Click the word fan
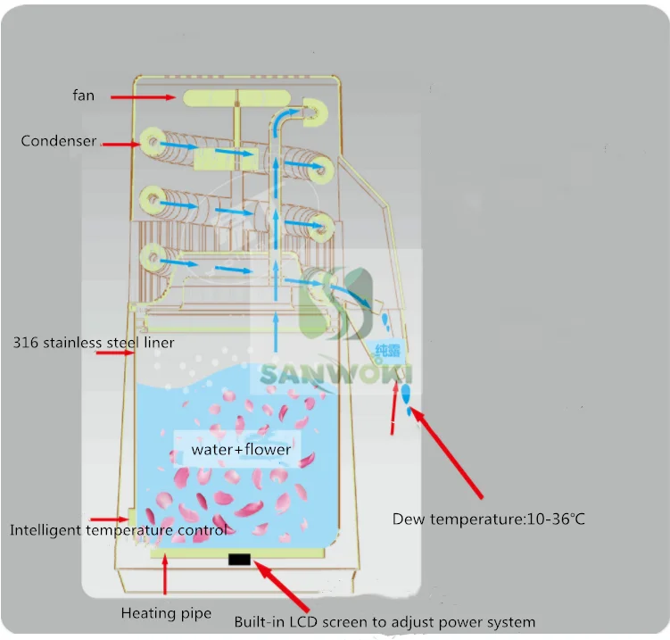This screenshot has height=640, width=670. [x=84, y=95]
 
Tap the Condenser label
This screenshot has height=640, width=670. [x=59, y=141]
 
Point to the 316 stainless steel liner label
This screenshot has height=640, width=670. [x=94, y=342]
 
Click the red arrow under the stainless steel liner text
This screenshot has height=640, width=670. [x=113, y=353]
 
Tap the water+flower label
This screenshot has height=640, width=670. [x=241, y=449]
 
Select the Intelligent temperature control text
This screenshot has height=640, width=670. [x=118, y=530]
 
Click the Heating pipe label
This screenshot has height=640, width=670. [x=166, y=613]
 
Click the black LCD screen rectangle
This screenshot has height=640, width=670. [x=240, y=560]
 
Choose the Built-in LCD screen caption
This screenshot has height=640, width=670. [x=385, y=621]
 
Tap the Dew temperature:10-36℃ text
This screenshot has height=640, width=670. [x=488, y=519]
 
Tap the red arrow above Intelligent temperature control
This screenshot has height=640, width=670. [x=115, y=518]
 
